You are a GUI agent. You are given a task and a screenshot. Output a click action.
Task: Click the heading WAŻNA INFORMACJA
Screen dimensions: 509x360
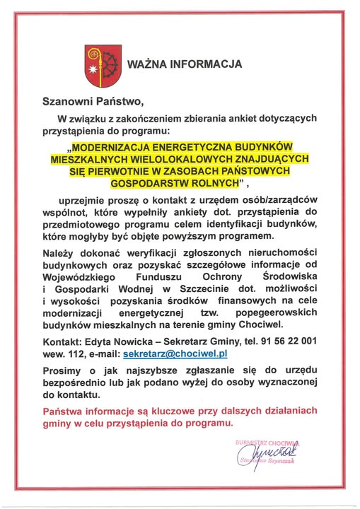click(185, 64)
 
